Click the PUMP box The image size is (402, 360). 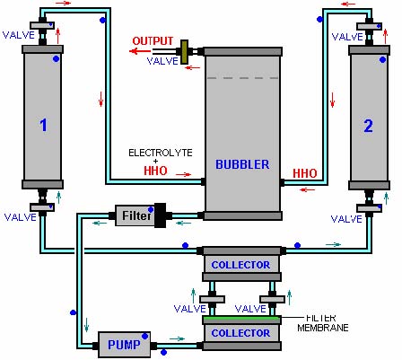(124, 345)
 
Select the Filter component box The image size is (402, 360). (135, 215)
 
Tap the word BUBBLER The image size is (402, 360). (242, 164)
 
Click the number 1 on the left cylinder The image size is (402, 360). (44, 125)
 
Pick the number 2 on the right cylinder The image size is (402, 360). (368, 126)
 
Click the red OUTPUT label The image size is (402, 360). (153, 41)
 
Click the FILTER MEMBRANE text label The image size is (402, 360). (323, 322)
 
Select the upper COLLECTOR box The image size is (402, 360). (241, 264)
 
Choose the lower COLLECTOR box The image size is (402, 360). (241, 333)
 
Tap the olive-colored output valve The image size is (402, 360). (184, 52)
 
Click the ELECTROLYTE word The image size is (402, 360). (161, 153)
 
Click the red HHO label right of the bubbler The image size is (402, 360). (305, 173)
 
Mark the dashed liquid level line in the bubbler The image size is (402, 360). (242, 78)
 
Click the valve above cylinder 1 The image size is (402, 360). (42, 25)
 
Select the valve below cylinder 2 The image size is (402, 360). (369, 208)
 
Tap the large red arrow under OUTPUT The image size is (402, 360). (140, 51)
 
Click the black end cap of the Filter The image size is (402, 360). (161, 215)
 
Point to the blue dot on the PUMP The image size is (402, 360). (145, 337)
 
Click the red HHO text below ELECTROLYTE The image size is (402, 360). (155, 171)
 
